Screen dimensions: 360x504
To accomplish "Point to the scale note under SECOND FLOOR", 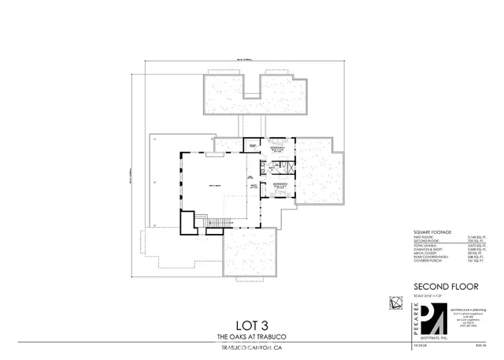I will tap(428, 295).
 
